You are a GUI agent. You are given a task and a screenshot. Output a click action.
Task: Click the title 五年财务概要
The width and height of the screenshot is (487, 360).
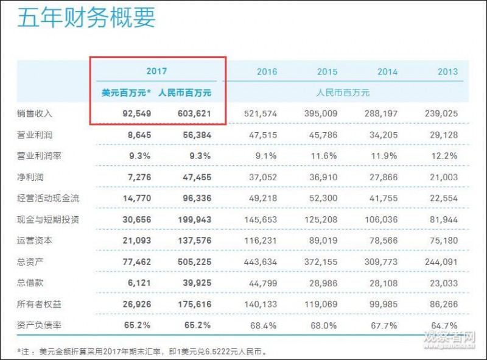point(87,18)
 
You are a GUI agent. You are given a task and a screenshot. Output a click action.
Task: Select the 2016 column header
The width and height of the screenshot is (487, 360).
point(267,72)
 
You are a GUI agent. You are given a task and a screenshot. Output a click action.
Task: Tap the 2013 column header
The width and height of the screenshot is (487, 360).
point(447,72)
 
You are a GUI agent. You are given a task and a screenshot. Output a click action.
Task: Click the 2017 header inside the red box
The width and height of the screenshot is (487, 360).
point(156,72)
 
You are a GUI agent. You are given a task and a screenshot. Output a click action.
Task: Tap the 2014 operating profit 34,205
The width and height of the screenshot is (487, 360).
point(383,135)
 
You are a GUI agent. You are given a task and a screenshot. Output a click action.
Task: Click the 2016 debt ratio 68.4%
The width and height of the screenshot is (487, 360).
point(265,325)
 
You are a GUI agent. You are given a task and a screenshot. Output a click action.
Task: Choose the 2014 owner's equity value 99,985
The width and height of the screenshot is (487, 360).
point(383,304)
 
